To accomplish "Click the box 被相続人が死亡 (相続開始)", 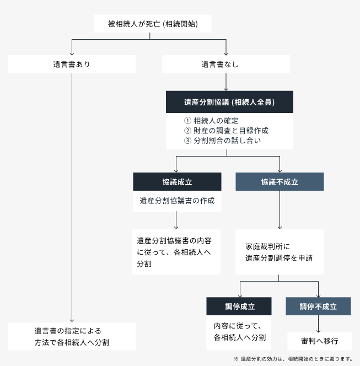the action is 153,24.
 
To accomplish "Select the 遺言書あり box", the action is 72,64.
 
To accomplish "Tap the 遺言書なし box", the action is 226,64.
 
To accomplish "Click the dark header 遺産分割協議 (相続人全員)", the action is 229,102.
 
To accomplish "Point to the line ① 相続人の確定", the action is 211,121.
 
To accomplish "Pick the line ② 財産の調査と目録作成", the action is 226,131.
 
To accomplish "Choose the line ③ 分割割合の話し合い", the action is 222,141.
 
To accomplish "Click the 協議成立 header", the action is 177,182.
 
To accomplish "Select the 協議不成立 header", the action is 280,182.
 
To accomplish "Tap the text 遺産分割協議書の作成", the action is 177,201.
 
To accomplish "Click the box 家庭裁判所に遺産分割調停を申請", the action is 280,252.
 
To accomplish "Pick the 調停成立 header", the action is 239,306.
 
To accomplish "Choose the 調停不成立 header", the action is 318,306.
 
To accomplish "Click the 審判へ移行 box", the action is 320,341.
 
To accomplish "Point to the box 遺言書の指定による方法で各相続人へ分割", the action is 72,336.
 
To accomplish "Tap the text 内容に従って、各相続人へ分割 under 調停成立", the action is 240,332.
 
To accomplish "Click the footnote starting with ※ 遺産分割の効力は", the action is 293,359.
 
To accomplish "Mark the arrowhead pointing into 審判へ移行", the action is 318,331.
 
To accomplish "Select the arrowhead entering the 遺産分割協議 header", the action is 226,89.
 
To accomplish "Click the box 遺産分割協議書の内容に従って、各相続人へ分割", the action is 176,252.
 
